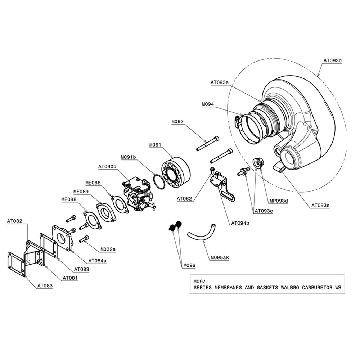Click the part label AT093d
pos(332,60)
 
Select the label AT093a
pos(220,82)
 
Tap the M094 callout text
pos(208,104)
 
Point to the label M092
pos(177,121)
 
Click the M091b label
pos(129,157)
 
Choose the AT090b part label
pos(107,167)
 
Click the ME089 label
pos(81,192)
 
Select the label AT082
pos(14,221)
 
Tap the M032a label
pos(108,249)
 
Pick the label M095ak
pos(220,258)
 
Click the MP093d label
pos(279,201)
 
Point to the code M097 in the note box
pos(199,282)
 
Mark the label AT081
pos(70,278)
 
